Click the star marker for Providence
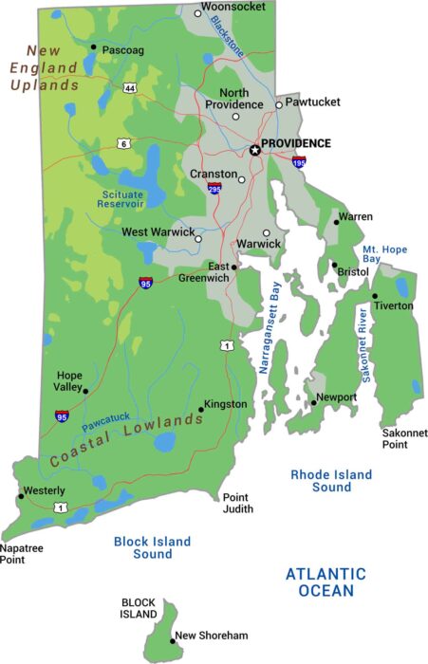point(254,150)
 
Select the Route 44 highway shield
point(129,87)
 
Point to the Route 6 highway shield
point(123,143)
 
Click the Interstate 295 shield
point(215,189)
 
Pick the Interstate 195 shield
point(299,162)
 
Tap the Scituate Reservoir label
point(122,198)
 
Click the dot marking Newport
point(313,403)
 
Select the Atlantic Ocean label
point(325,581)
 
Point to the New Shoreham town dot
point(173,641)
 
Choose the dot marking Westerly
point(20,496)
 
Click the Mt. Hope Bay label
point(384,255)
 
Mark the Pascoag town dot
point(93,46)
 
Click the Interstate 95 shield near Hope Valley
point(62,415)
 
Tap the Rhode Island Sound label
point(331,481)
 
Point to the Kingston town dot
point(201,410)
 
